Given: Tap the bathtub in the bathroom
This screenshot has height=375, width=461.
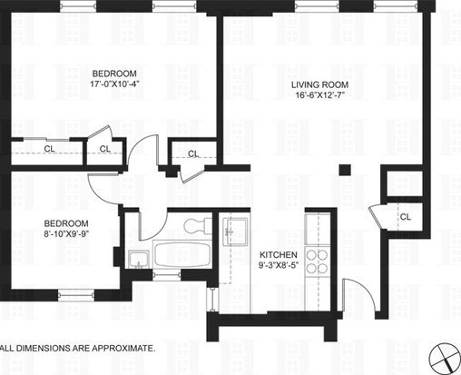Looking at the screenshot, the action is click(182, 254).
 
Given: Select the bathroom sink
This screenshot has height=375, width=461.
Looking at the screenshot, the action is click(138, 260).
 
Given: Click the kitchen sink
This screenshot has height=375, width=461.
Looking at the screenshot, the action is click(235, 232).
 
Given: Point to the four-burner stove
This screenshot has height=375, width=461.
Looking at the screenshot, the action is click(317, 262).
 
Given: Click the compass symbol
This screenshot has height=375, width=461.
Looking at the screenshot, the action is click(445, 358).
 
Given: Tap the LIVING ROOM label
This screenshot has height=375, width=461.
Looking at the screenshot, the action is click(319, 84).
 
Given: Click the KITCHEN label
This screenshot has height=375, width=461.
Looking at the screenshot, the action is click(279, 255).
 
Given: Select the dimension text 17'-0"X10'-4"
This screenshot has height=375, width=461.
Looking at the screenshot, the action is click(114, 84).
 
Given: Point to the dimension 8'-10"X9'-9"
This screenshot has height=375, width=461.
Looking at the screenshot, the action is click(66, 233).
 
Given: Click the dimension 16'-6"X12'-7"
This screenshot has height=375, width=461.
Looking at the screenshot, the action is click(320, 95).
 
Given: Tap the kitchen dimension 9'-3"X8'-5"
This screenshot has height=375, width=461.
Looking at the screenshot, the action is click(279, 265).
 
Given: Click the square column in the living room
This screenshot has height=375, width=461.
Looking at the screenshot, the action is click(345, 170).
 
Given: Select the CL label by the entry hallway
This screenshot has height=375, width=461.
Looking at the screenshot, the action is click(406, 217).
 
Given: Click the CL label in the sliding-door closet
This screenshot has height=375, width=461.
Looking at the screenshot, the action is click(50, 149).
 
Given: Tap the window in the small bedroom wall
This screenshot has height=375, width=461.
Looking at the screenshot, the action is click(76, 295).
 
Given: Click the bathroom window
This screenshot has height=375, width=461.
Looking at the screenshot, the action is click(167, 275).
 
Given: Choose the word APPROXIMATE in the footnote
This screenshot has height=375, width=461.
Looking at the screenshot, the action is click(123, 348).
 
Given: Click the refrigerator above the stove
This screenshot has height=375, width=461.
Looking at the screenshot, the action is click(318, 229).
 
